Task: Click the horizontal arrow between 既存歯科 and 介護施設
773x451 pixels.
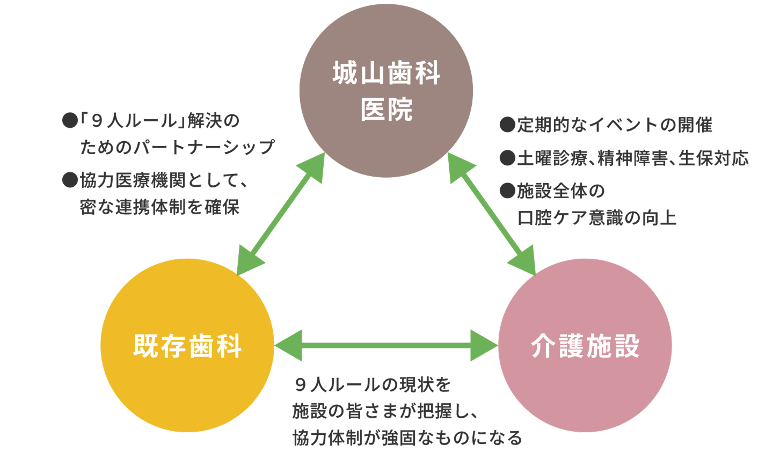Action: (x=386, y=345)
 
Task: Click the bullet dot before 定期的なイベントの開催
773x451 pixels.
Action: (x=507, y=126)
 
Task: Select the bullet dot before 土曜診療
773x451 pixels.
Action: (x=507, y=158)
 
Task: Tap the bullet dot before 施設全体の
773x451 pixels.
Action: (x=507, y=191)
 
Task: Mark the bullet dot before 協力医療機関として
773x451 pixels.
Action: (x=70, y=181)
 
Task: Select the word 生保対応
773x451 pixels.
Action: (x=713, y=158)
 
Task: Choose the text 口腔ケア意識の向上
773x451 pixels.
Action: (x=596, y=217)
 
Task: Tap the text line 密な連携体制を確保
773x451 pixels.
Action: (x=159, y=207)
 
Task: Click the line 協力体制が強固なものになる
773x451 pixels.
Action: (x=407, y=437)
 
